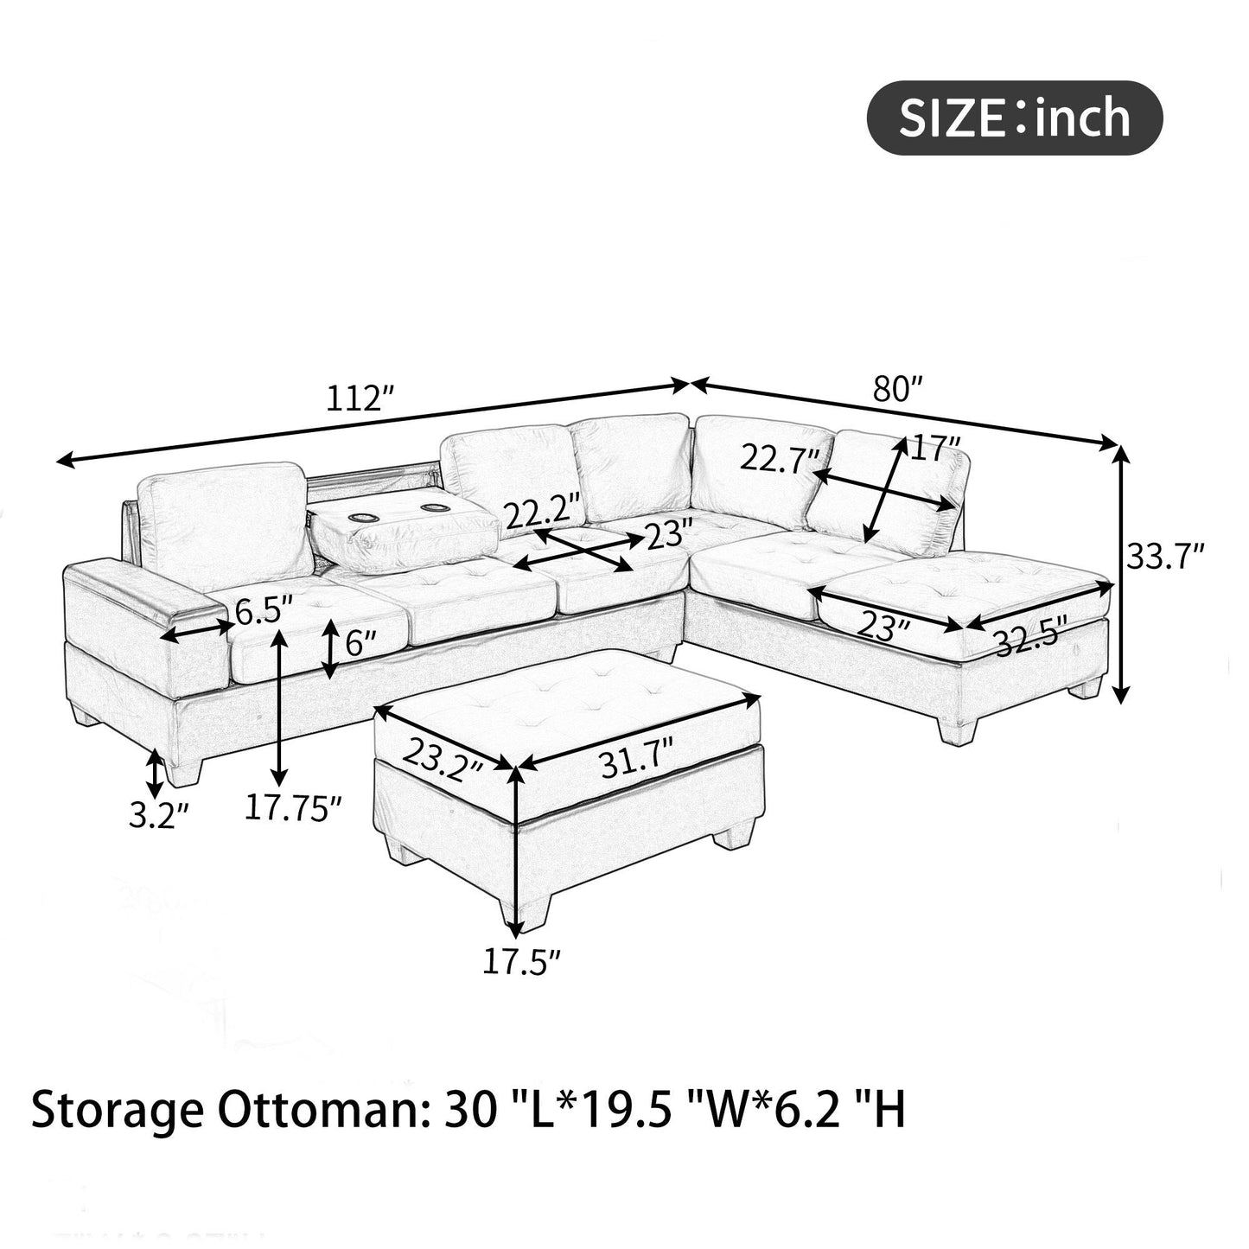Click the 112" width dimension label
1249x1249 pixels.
tap(360, 399)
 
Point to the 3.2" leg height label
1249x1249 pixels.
tap(158, 816)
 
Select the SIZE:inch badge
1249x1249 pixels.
tap(1014, 118)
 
